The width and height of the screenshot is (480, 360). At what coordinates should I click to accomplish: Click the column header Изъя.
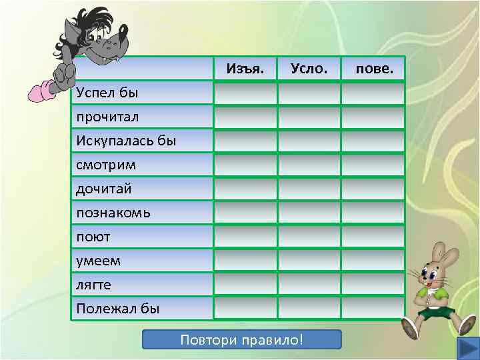245,69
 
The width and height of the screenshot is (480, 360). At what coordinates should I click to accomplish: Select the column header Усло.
309,69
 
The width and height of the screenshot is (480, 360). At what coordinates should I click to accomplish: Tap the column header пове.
374,69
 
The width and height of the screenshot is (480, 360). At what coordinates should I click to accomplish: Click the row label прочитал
107,117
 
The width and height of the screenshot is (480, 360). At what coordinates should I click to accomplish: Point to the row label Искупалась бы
126,141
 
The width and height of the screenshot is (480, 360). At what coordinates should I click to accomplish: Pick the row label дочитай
104,189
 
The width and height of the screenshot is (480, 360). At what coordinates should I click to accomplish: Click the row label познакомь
113,213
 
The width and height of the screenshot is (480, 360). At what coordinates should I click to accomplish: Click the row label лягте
94,285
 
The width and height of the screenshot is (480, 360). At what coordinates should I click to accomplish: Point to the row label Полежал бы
118,309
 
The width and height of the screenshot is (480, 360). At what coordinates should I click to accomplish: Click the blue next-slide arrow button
465,349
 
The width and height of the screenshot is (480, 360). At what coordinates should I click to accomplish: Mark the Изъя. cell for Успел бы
245,92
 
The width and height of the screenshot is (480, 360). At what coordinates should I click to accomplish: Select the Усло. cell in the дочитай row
309,189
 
